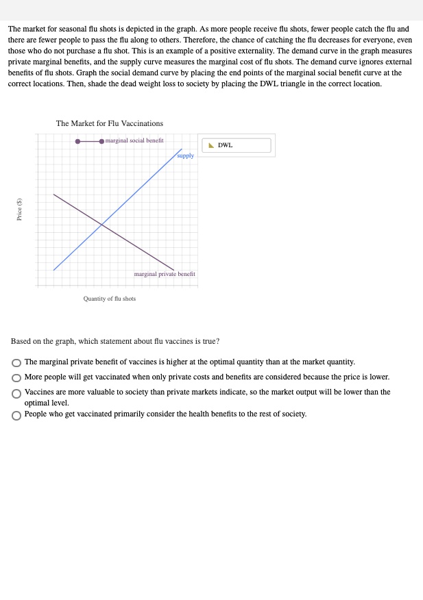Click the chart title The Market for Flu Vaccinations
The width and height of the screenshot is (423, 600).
coord(110,123)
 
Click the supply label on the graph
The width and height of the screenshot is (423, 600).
coord(185,155)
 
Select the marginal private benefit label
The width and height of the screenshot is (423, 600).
coord(165,274)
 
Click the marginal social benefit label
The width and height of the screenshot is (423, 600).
coord(134,140)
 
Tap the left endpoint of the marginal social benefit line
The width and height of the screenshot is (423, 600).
coord(77,141)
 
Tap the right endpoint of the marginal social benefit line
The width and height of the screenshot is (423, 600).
coord(101,141)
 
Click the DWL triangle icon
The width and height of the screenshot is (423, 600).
coord(211,145)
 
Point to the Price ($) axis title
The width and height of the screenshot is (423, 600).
coord(20,209)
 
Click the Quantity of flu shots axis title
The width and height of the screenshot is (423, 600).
coord(110,299)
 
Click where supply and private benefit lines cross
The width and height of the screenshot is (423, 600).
coord(102,225)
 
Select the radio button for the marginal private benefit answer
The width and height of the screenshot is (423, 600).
coord(16,362)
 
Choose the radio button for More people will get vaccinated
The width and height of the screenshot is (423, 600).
coord(16,377)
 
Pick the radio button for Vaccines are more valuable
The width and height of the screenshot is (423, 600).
coord(16,392)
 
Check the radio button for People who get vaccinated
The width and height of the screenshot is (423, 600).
coord(16,414)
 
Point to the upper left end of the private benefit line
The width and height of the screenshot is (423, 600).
coord(53,194)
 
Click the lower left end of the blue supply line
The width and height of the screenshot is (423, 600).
coord(54,270)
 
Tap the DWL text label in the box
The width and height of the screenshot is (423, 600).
coord(226,145)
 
